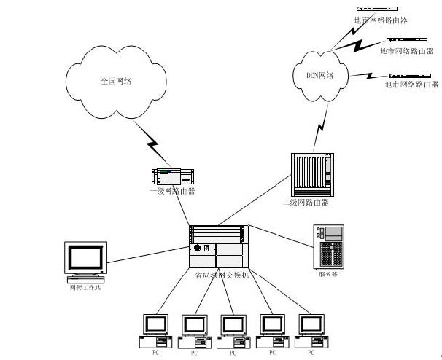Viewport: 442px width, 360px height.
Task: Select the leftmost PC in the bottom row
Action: pyautogui.click(x=154, y=330)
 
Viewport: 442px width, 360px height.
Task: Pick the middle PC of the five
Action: pyautogui.click(x=233, y=330)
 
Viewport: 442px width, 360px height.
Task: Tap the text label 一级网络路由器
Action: pyautogui.click(x=172, y=191)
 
